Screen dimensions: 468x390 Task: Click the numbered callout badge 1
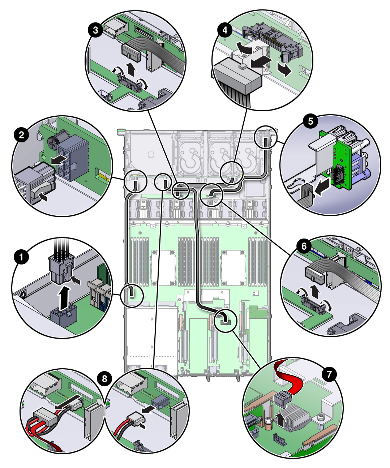(x=22, y=257)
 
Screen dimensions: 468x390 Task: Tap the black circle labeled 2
(x=22, y=135)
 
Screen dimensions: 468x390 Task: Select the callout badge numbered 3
(x=95, y=30)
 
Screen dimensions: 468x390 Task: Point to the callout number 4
(x=225, y=30)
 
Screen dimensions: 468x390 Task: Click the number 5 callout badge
(x=311, y=121)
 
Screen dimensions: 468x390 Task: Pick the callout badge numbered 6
(x=304, y=246)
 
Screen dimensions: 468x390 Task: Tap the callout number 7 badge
(x=329, y=374)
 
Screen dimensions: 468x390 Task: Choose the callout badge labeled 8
(x=105, y=379)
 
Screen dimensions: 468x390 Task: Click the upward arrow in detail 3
(x=131, y=69)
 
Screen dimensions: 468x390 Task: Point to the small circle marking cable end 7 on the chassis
(x=226, y=319)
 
